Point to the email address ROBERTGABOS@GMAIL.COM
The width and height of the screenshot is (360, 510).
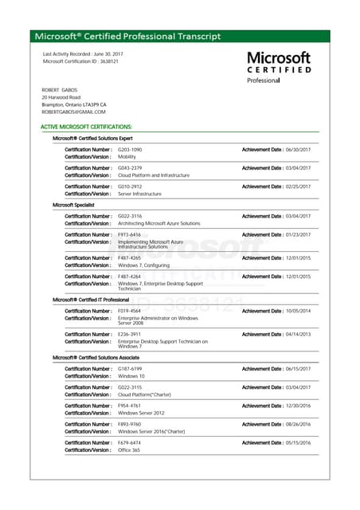tap(73, 112)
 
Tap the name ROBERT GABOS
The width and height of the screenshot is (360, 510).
tap(61, 90)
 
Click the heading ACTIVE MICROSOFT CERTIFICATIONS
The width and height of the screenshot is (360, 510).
tap(86, 127)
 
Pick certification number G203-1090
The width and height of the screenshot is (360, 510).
tap(130, 150)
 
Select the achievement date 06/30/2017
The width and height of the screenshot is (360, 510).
tap(298, 150)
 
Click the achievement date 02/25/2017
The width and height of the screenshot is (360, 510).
tap(298, 186)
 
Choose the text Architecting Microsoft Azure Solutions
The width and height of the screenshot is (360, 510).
tap(159, 223)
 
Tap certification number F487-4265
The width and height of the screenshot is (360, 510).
tap(130, 258)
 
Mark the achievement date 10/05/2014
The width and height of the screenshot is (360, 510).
tap(298, 311)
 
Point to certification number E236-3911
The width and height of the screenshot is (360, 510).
tap(130, 334)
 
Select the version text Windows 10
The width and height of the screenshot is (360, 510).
tap(131, 376)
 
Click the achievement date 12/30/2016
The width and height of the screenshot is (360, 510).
tap(298, 406)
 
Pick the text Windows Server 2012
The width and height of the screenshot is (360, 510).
tap(141, 413)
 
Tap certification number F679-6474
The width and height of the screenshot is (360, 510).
tap(130, 442)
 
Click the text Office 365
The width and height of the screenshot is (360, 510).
tap(130, 449)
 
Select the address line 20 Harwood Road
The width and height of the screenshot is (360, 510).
tap(61, 97)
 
